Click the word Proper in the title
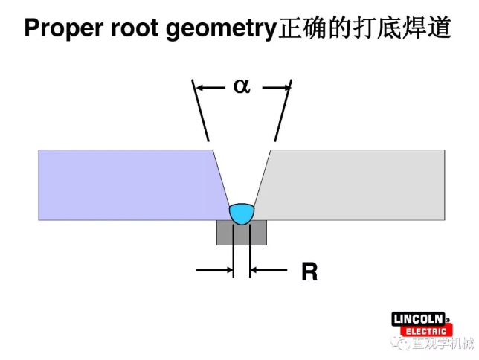[x=60, y=29]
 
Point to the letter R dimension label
[x=309, y=272]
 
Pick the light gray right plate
[x=357, y=184]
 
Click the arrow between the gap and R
[x=269, y=270]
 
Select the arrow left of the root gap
[x=214, y=270]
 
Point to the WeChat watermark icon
[x=402, y=344]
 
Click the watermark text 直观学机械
[x=443, y=344]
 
